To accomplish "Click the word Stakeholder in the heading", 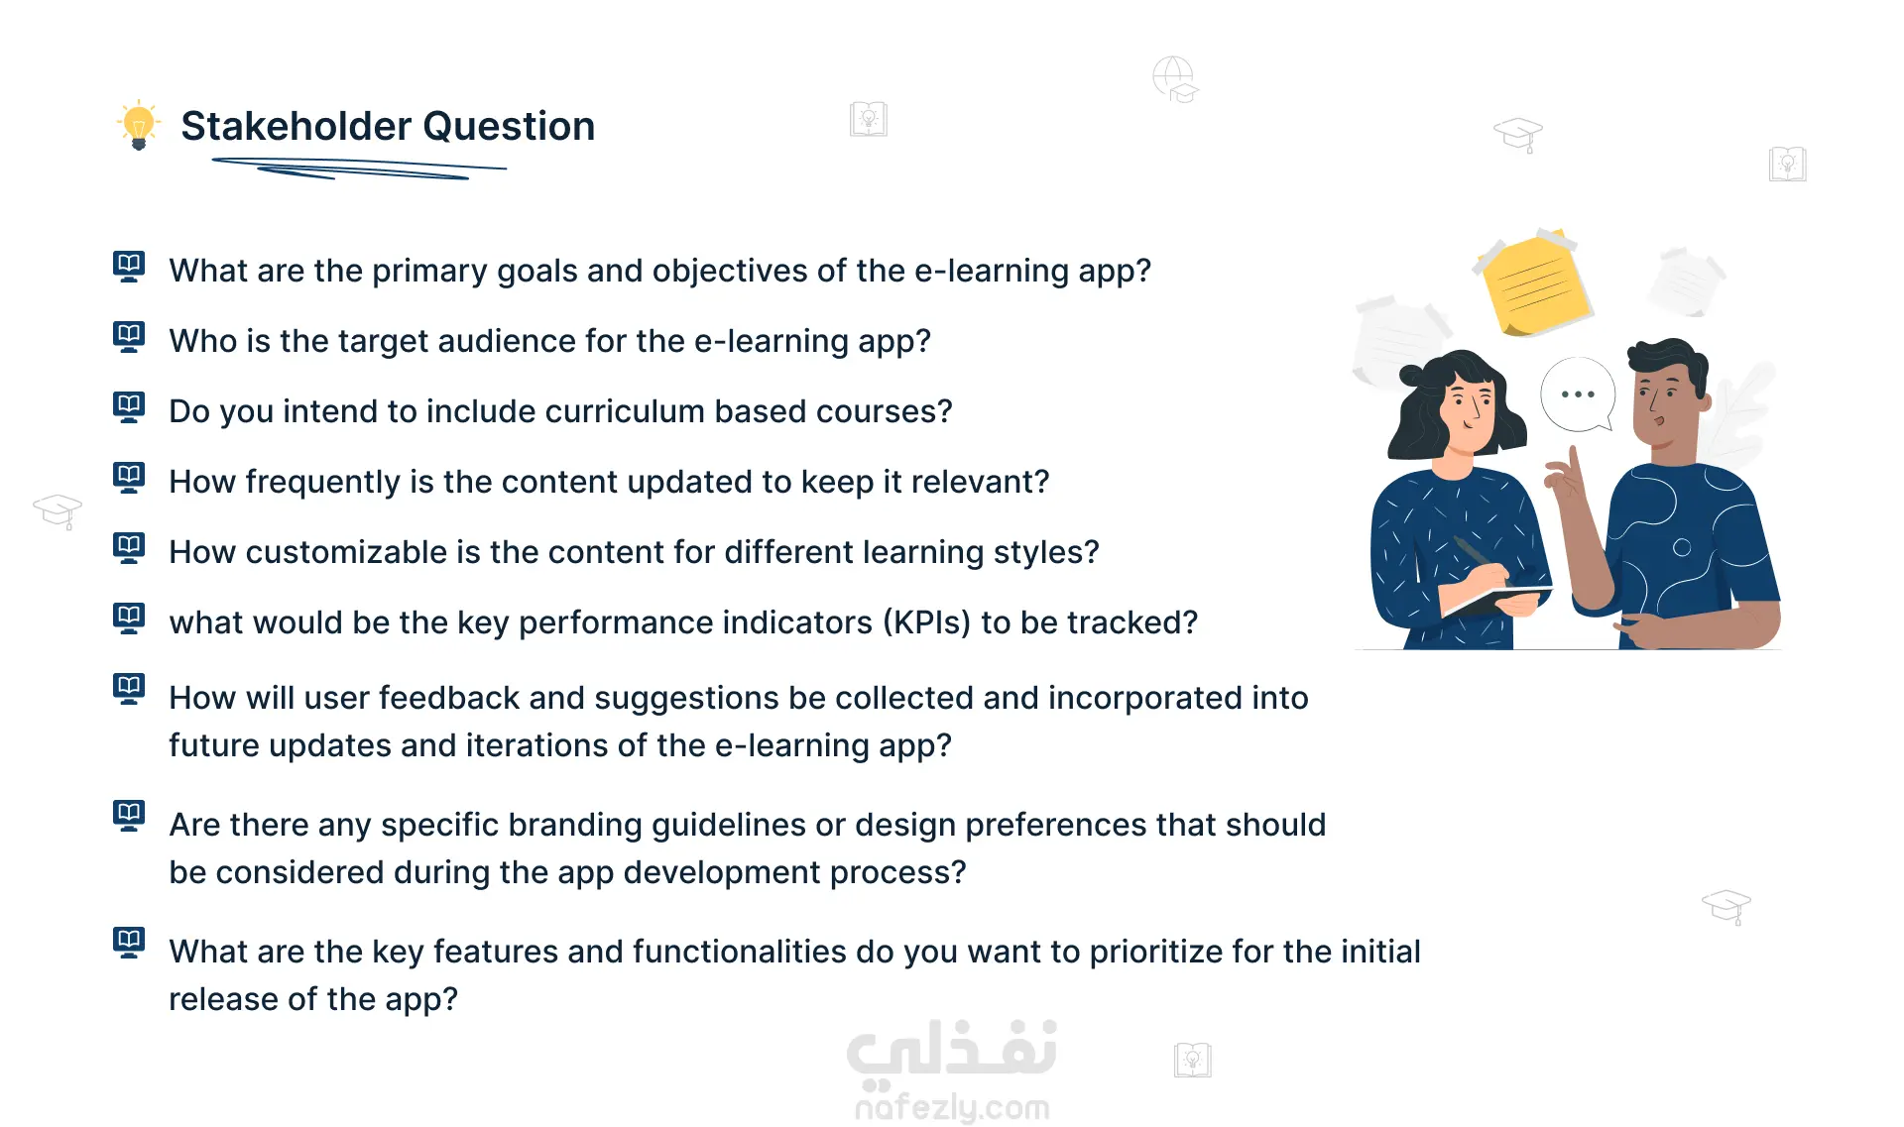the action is (x=296, y=126).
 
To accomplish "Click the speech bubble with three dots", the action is (x=1578, y=394).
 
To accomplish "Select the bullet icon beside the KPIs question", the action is (x=129, y=619).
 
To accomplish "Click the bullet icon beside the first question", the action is (x=129, y=267).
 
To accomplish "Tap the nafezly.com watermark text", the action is (x=952, y=1107).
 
